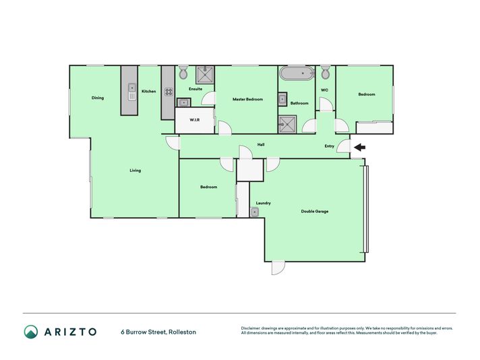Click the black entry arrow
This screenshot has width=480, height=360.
coord(360,148)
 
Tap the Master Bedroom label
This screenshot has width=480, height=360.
coord(247,99)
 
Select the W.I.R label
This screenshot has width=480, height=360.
coord(195,120)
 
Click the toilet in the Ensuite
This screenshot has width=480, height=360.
coord(183,72)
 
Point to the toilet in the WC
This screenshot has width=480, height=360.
coord(326,72)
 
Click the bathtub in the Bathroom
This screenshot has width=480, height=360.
coord(297,73)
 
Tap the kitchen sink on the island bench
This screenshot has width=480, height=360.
coord(132,92)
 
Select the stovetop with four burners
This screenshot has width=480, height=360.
coord(169,92)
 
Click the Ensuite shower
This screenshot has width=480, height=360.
coord(205,75)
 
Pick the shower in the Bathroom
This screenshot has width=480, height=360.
coord(287,124)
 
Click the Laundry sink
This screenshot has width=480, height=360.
coord(254,212)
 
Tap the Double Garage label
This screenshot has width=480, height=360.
coord(315,211)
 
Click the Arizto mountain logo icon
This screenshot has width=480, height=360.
coord(31,332)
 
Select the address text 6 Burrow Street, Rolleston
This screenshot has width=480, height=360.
coord(158,332)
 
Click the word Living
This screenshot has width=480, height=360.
coord(136,171)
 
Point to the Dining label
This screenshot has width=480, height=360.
coord(98,98)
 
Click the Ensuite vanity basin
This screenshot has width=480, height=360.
coord(183,102)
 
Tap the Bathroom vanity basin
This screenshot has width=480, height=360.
coord(282,99)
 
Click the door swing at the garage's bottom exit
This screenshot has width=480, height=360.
coord(278,268)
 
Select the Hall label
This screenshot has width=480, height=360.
coord(261,144)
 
